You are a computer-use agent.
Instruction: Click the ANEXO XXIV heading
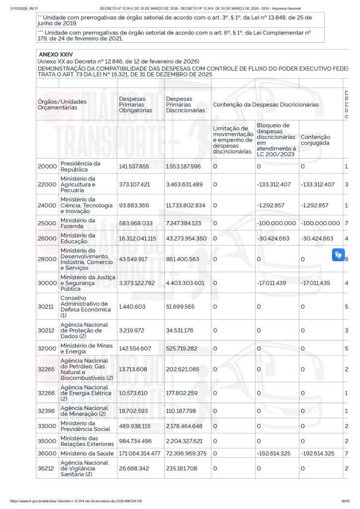52,54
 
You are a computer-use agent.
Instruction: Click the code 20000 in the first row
47,167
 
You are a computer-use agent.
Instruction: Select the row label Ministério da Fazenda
78,223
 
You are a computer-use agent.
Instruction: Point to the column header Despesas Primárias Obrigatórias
132,104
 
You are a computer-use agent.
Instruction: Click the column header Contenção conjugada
315,140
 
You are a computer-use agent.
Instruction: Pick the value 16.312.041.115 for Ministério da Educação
137,239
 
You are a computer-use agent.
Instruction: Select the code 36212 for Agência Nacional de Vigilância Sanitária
47,468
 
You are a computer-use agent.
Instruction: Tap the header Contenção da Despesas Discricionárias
266,105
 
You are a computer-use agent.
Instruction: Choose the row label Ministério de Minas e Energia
80,348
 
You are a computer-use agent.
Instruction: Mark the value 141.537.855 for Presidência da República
134,167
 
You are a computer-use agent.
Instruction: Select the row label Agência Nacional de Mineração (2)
84,411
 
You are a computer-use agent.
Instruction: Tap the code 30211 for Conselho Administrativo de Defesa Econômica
47,307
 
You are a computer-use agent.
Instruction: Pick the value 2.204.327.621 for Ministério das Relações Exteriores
184,441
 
